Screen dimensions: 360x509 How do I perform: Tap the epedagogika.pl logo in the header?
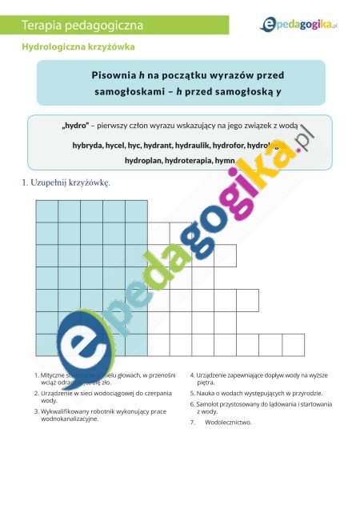[x=298, y=26]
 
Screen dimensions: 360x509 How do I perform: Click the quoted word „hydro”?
[x=74, y=127]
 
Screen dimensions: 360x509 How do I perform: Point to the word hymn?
[x=226, y=161]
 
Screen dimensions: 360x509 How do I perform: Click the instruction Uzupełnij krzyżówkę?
[x=71, y=182]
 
